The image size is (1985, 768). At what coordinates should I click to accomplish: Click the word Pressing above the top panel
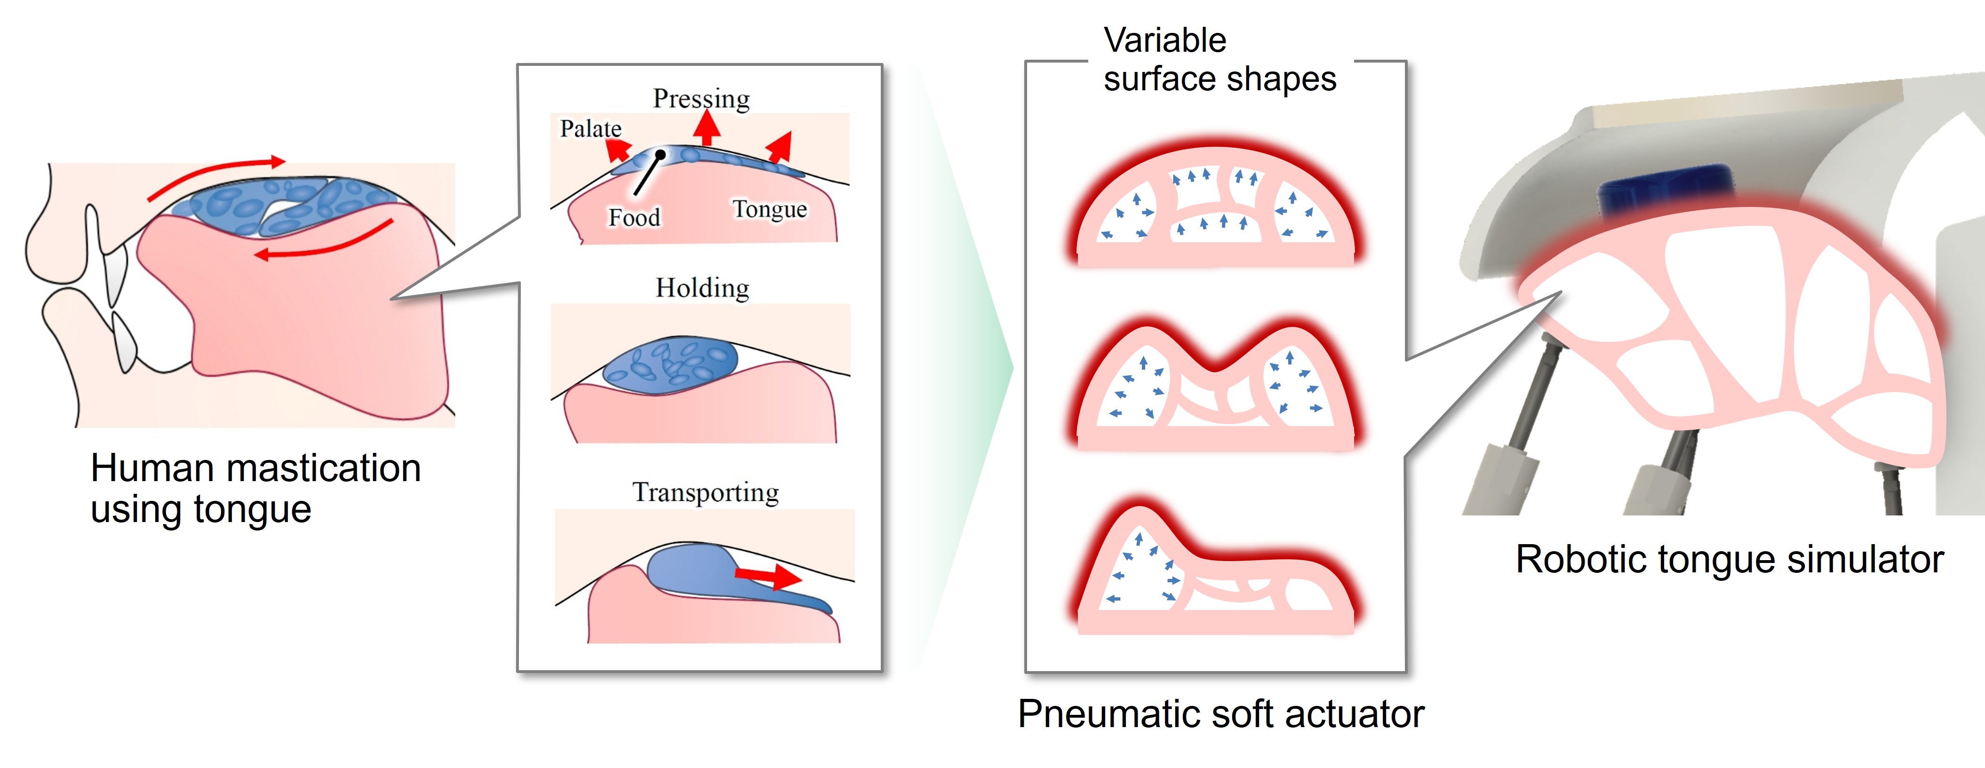(x=701, y=99)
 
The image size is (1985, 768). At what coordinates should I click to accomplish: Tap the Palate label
(x=590, y=129)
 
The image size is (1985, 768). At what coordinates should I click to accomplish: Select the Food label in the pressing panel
(x=634, y=217)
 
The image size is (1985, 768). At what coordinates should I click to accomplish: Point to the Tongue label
(x=769, y=209)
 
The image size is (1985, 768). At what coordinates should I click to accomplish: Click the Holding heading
(x=702, y=288)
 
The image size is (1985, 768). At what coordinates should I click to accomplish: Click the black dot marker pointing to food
(x=661, y=155)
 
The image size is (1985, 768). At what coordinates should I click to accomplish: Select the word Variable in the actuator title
(x=1164, y=40)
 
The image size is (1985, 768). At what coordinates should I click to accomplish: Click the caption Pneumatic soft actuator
(x=1220, y=713)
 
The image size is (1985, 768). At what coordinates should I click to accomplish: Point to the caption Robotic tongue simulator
(x=1729, y=559)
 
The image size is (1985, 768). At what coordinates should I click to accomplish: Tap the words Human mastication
(x=255, y=468)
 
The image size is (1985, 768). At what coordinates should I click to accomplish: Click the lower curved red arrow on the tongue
(x=324, y=243)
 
